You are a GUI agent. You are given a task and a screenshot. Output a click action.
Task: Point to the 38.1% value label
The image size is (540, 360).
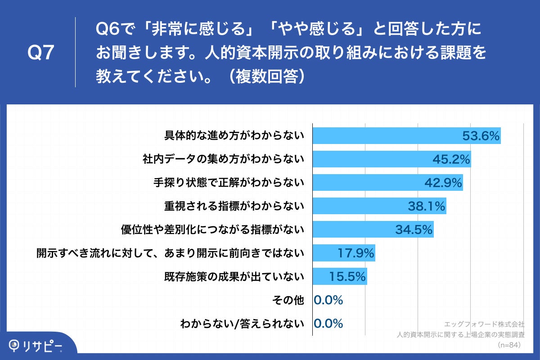(427, 206)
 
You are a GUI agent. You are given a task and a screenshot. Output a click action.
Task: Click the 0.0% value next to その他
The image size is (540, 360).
(328, 300)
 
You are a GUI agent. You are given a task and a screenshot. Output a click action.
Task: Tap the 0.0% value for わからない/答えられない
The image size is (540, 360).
(328, 323)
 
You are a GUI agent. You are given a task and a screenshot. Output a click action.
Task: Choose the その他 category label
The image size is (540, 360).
(288, 300)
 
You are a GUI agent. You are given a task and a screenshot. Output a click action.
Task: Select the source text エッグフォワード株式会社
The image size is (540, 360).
(484, 324)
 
